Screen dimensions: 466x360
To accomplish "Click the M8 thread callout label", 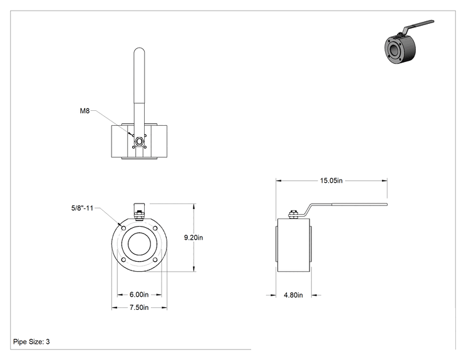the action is [85, 111].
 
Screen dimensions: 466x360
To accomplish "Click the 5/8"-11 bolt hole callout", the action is [82, 208].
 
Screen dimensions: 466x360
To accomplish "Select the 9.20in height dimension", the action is [194, 237].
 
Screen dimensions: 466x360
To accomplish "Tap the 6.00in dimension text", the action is [139, 294].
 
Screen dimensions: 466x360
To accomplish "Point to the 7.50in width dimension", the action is [139, 307].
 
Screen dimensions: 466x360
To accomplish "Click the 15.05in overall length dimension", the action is [331, 180].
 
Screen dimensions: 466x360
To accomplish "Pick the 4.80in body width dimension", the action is [293, 295].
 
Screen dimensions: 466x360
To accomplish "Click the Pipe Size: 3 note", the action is [31, 342].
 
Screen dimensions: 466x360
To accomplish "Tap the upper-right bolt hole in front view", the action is [155, 228].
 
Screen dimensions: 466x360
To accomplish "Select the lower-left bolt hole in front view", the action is [123, 260].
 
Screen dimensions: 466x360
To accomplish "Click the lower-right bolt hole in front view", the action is [155, 260].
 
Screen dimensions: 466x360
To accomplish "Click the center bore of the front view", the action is [139, 244].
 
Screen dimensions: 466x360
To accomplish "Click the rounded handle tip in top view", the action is [139, 51].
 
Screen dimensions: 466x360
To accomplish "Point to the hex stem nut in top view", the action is [139, 141].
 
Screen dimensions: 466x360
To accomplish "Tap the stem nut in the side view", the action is [293, 215].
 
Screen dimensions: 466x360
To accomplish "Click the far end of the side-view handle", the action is [386, 204].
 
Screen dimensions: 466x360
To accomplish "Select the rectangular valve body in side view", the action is [294, 245].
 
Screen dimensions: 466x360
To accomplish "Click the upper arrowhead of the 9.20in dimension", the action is [194, 206].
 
